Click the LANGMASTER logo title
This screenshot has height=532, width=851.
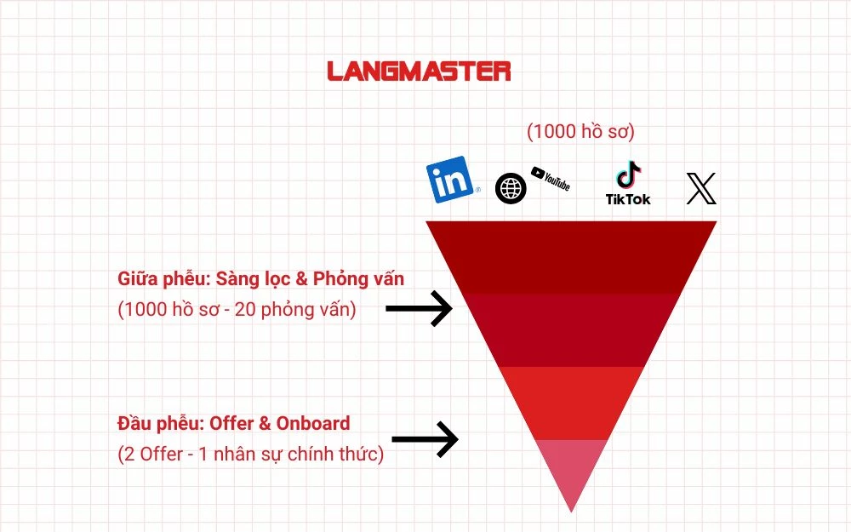(419, 72)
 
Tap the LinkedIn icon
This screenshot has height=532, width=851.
(451, 180)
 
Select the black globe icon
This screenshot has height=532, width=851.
(511, 188)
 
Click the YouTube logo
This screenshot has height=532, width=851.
(551, 179)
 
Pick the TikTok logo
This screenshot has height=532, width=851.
(628, 183)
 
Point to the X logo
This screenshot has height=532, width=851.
(701, 188)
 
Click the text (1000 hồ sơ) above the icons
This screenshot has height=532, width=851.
(580, 131)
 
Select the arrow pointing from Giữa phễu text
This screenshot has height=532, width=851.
(419, 308)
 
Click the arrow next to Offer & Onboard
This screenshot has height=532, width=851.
(425, 439)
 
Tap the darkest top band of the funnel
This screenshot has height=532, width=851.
(571, 257)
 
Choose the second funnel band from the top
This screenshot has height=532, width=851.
(571, 330)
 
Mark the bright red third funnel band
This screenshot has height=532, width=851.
(571, 403)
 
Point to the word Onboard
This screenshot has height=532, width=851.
(313, 423)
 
